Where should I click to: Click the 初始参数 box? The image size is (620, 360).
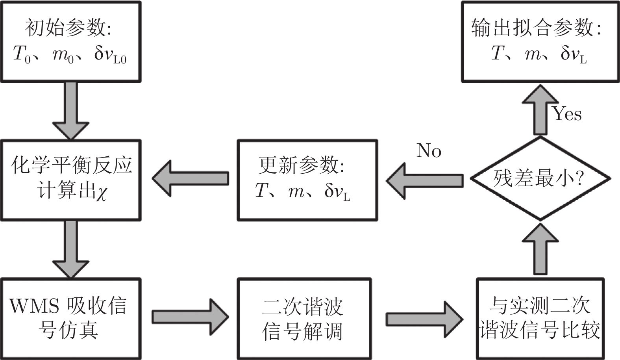[x=71, y=41]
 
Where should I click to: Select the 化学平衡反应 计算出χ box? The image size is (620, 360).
[x=71, y=180]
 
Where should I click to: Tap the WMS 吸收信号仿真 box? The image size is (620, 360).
[x=71, y=318]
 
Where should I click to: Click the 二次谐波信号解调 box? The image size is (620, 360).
[x=304, y=318]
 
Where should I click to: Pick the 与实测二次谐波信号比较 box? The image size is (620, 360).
[x=540, y=318]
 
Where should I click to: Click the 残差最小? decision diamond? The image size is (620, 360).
[x=540, y=178]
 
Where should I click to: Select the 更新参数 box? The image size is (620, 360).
[x=307, y=180]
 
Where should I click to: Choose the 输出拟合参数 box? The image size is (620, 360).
[x=540, y=41]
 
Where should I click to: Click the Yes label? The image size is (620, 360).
[x=567, y=114]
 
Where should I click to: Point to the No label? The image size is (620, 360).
[x=429, y=151]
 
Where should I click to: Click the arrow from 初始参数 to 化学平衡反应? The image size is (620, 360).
[x=71, y=110]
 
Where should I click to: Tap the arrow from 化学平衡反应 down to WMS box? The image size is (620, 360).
[x=71, y=249]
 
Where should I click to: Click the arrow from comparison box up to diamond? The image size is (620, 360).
[x=540, y=249]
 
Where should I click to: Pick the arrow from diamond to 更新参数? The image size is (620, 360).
[x=424, y=181]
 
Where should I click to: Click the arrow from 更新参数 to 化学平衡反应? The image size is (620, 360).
[x=191, y=178]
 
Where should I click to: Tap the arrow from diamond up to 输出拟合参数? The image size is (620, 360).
[x=540, y=110]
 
